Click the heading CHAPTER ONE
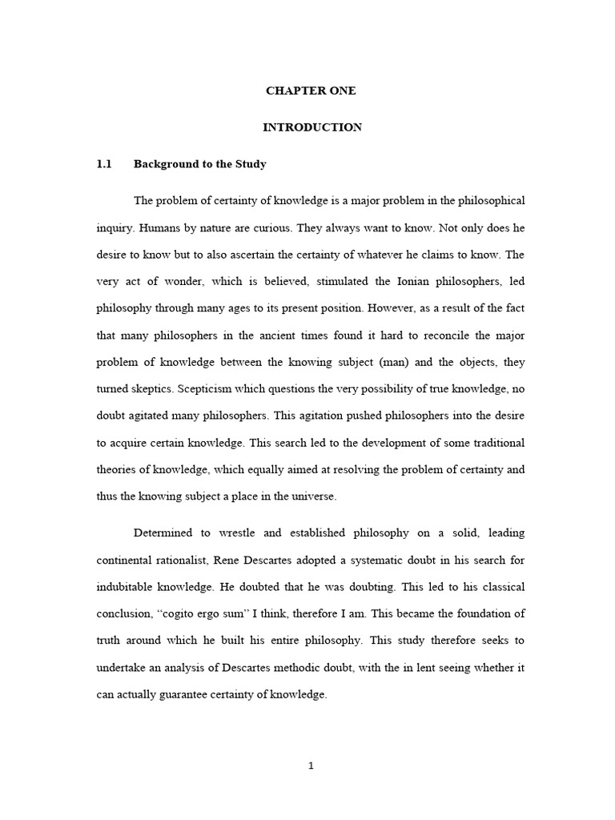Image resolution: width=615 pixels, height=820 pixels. point(311,90)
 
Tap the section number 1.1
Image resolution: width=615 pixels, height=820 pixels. point(102,164)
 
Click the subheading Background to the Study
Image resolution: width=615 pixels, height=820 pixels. point(199,164)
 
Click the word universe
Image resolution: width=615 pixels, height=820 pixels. point(315,496)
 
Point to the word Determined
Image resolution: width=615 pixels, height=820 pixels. point(163,533)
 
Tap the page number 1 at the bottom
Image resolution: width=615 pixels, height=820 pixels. point(312,766)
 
